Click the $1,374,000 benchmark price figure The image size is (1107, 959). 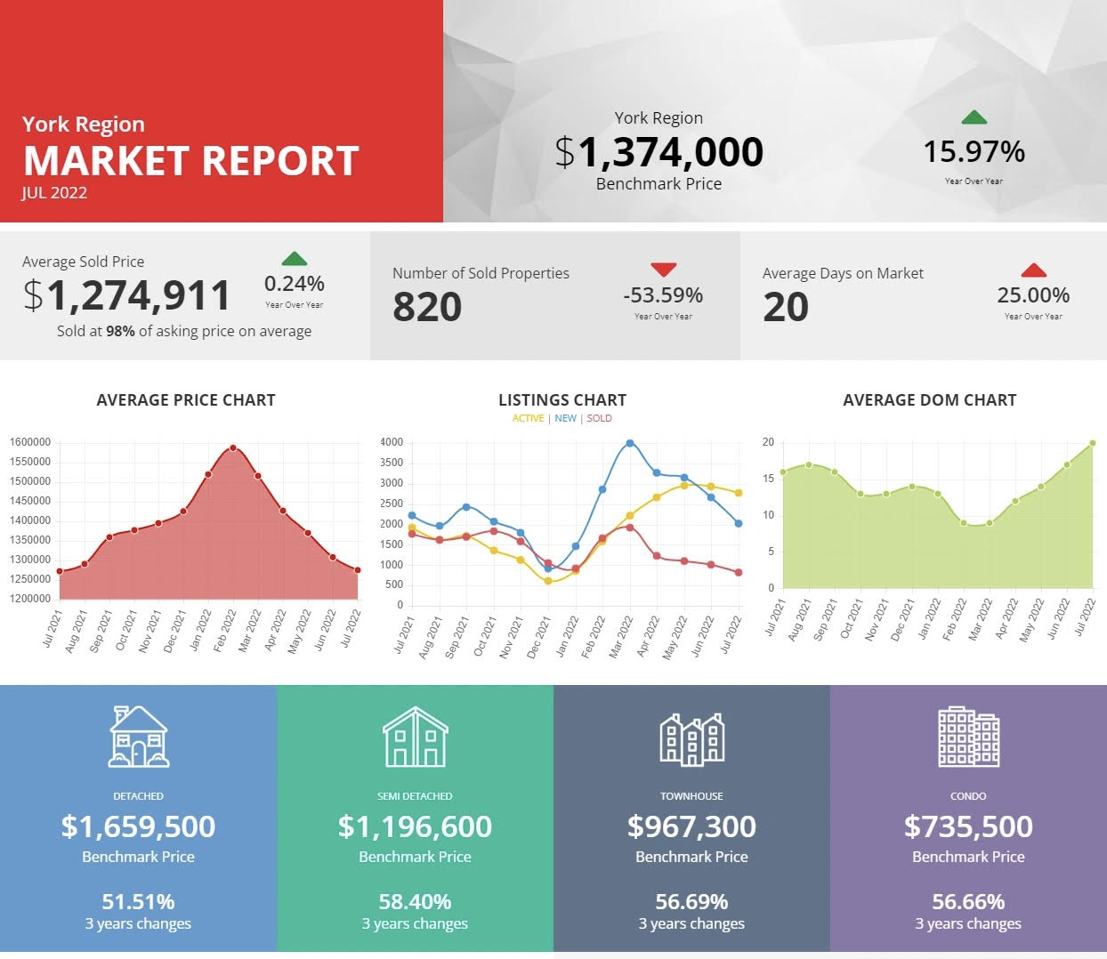(x=659, y=152)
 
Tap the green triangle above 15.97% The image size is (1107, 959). (x=974, y=117)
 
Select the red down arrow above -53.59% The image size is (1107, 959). (x=664, y=270)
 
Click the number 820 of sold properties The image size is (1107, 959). (x=427, y=308)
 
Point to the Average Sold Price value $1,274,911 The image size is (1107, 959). (x=127, y=296)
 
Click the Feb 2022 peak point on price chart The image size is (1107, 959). (x=233, y=448)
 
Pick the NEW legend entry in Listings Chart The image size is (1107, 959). (x=566, y=418)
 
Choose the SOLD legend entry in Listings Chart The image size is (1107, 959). (x=599, y=418)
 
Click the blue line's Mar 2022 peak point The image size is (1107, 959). (x=630, y=443)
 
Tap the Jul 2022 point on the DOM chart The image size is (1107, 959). (x=1093, y=443)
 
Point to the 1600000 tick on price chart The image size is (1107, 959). (x=30, y=442)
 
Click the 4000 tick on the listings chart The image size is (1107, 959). (x=392, y=442)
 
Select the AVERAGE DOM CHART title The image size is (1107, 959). (x=929, y=400)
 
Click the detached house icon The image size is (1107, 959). (x=139, y=737)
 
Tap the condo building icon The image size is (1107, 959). (x=968, y=737)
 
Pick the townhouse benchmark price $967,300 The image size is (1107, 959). (x=691, y=826)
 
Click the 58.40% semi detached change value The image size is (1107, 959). (x=415, y=902)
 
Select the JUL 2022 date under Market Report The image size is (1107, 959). (x=54, y=193)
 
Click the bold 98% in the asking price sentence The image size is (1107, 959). (x=120, y=331)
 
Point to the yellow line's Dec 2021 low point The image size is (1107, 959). (x=548, y=581)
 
